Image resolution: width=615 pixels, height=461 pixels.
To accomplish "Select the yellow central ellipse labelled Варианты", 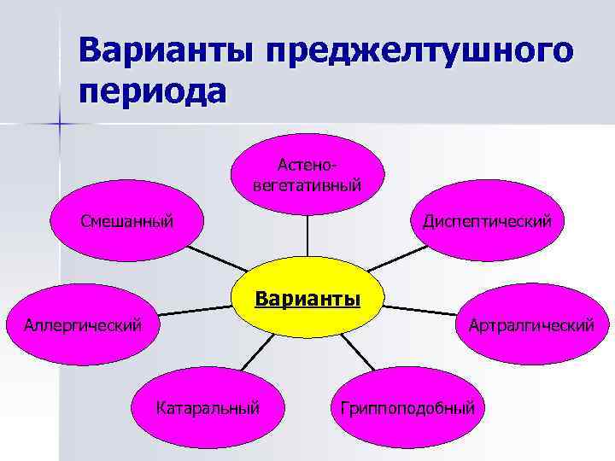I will point(307,301).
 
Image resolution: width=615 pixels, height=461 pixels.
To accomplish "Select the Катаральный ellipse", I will point(208,407).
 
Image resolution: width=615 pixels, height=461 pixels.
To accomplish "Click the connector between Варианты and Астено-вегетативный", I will point(307,234).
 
